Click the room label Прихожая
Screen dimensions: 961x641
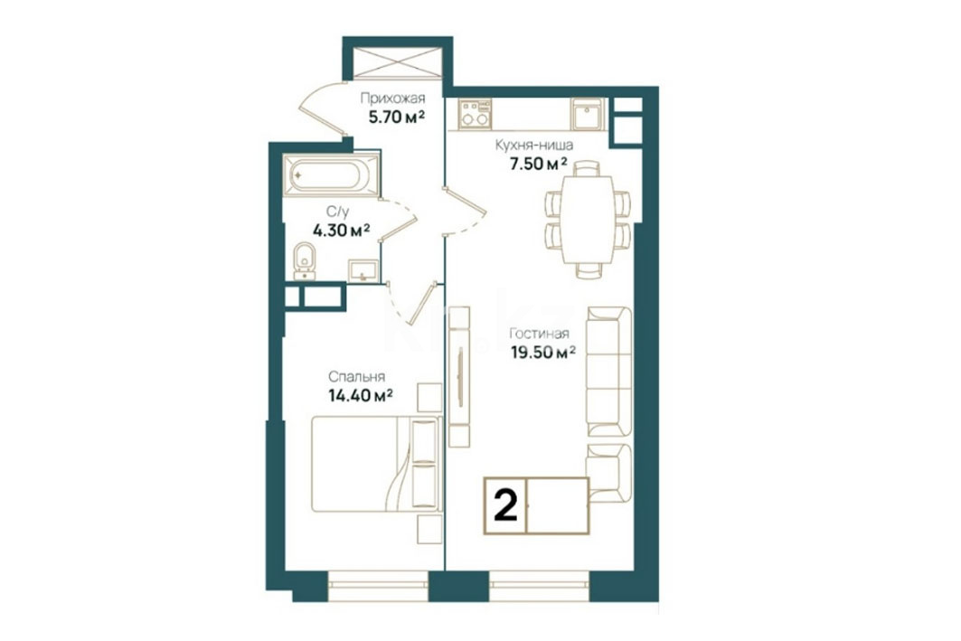[x=392, y=98]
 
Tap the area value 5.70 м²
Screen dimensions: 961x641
[x=397, y=117]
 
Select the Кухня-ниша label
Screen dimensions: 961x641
[x=533, y=146]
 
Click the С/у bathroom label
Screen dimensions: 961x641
[x=337, y=212]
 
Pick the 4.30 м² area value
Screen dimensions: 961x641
[x=341, y=231]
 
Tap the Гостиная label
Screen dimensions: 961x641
[x=539, y=334]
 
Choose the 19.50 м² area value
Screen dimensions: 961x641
[x=543, y=352]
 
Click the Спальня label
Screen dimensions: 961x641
[x=357, y=377]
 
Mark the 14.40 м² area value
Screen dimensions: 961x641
[x=361, y=395]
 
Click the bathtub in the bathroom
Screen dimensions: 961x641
[x=331, y=176]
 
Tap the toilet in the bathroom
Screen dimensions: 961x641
[x=305, y=261]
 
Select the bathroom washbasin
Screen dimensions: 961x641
[x=363, y=270]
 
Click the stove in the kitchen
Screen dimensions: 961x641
[x=476, y=113]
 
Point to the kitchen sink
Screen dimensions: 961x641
[x=589, y=113]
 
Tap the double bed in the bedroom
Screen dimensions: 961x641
[x=376, y=463]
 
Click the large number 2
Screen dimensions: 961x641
[x=505, y=506]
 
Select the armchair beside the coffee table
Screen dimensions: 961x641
[x=609, y=470]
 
